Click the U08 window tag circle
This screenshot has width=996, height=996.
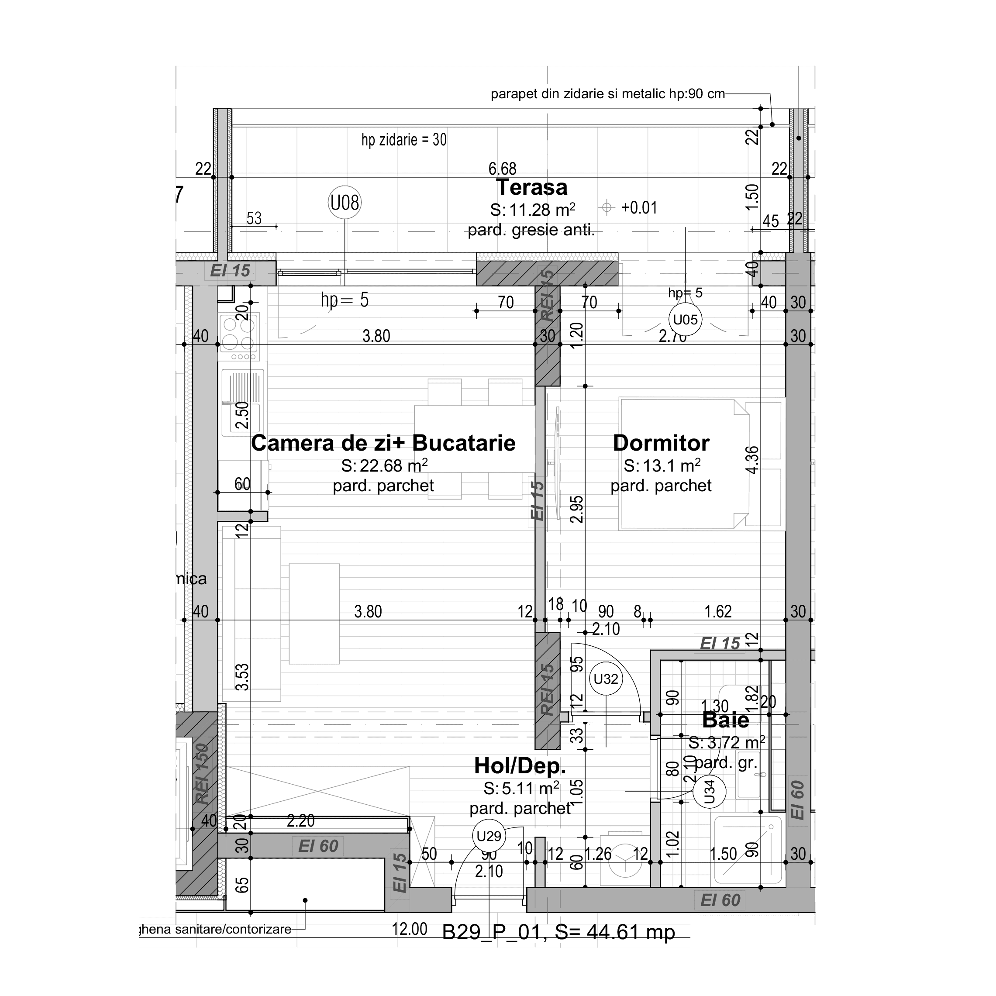coord(345,203)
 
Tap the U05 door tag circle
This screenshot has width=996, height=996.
coord(685,320)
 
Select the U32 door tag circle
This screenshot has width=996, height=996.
coord(605,679)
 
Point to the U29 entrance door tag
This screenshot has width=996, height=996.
coord(489,836)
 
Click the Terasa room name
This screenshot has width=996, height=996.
coord(531,187)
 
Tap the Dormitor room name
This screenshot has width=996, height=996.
coord(661,443)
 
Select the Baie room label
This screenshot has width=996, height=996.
coord(725,720)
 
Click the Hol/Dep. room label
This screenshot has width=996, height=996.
coord(520,766)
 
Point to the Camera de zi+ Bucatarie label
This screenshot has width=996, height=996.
coord(383,443)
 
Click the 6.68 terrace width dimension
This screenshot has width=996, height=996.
coord(502,169)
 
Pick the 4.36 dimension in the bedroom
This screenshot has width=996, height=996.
coord(752,460)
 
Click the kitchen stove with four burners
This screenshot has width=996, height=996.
coord(239,333)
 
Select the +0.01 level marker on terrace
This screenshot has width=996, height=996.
coord(639,208)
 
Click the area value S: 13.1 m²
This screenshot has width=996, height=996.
coord(662,465)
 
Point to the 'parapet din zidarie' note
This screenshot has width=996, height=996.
coord(607,94)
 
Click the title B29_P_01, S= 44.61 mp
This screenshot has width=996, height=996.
coord(558,932)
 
